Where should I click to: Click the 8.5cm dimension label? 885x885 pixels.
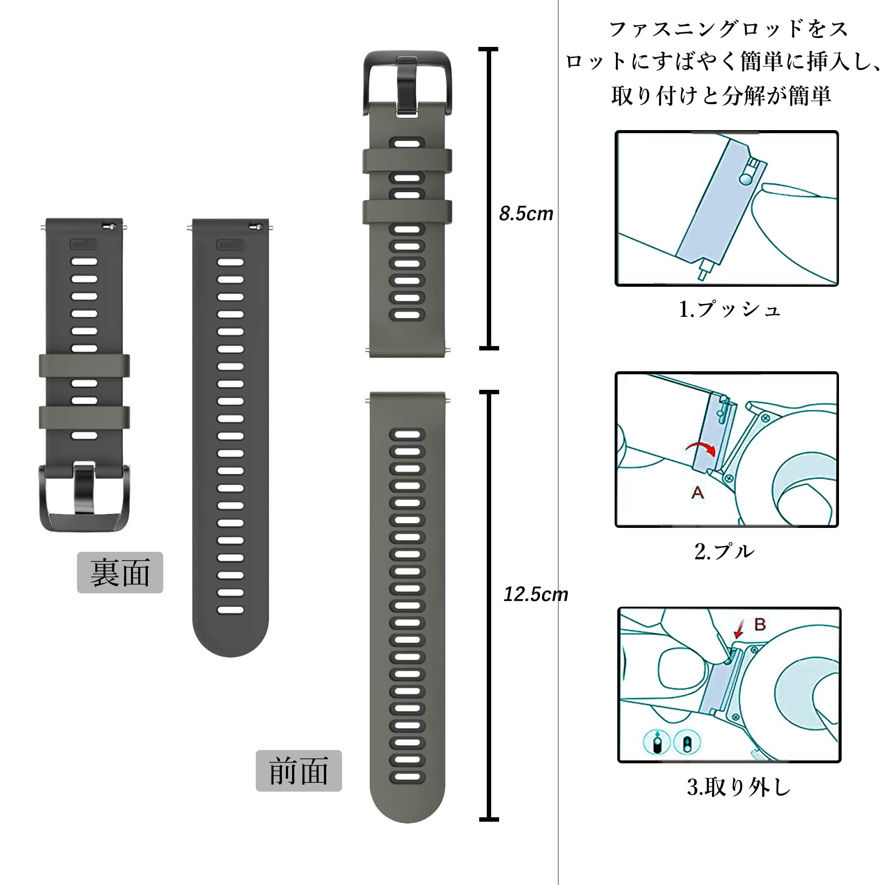click(x=526, y=213)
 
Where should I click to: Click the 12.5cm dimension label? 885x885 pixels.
click(x=535, y=594)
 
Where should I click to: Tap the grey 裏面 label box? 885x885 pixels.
click(x=120, y=573)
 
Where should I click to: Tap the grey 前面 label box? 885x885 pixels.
click(x=299, y=770)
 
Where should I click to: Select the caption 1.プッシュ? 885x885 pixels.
click(x=729, y=309)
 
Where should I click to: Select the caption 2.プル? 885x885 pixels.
click(x=724, y=551)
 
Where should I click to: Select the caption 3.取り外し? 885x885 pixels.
click(x=739, y=787)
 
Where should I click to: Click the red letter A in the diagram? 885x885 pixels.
click(x=697, y=493)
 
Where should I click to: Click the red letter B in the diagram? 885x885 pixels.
click(x=760, y=624)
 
